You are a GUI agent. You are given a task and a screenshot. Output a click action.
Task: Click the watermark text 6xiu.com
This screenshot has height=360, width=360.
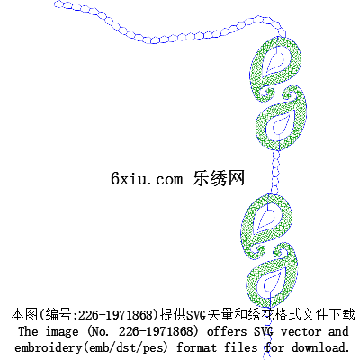(147, 178)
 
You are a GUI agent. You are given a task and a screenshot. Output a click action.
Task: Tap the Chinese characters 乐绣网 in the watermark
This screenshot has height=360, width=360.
(219, 178)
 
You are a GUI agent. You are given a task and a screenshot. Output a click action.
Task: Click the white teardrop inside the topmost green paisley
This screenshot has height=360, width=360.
(274, 61)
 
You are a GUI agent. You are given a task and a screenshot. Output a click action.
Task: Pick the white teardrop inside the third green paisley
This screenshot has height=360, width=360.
(265, 220)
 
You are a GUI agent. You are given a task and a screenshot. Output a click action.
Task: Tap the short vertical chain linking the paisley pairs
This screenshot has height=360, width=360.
(275, 172)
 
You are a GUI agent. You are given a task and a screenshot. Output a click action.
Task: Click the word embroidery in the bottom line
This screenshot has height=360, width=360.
(48, 348)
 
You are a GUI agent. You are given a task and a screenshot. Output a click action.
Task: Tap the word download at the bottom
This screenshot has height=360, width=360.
(320, 347)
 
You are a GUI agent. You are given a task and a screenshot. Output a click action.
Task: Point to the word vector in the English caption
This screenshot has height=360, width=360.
(301, 332)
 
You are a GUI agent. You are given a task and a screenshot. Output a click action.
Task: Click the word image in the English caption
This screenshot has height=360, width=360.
(62, 332)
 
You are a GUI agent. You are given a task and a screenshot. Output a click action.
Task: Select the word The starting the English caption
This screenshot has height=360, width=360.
(28, 331)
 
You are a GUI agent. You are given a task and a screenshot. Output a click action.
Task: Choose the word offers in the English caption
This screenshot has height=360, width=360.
(227, 331)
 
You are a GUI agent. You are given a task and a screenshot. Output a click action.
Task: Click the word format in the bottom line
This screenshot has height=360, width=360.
(196, 348)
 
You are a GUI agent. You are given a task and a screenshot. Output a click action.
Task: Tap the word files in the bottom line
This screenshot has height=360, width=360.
(241, 347)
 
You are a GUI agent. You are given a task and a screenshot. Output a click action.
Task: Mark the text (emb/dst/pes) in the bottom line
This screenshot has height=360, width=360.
(125, 348)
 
